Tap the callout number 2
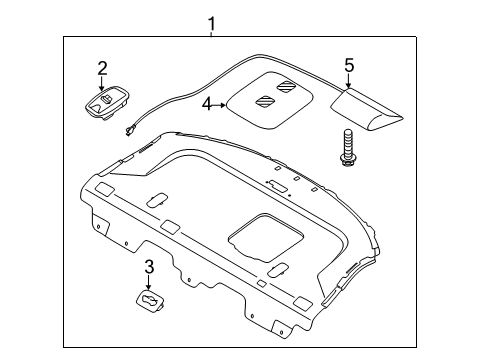tap(101, 68)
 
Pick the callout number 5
tap(349, 65)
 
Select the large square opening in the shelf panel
tap(266, 243)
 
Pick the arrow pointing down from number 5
tap(349, 80)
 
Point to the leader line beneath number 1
tap(211, 33)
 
